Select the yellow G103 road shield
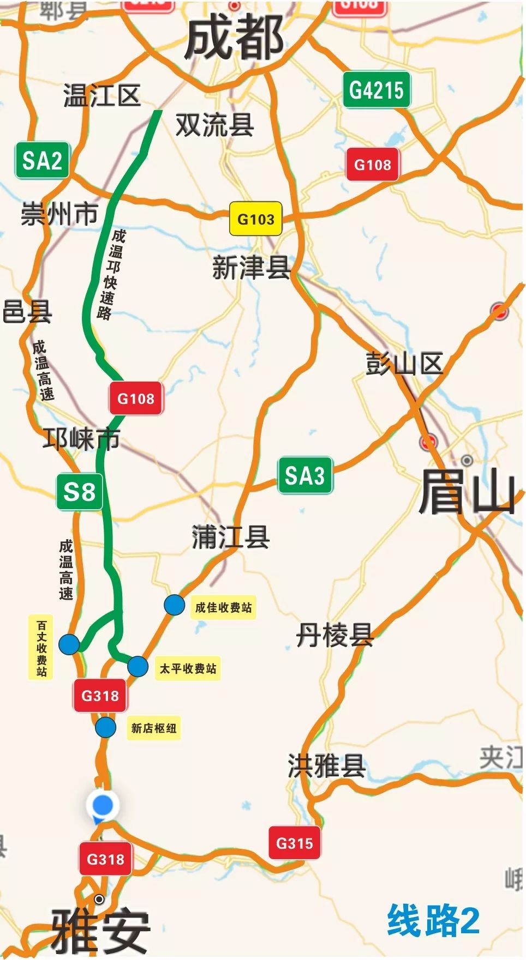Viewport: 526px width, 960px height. point(255,219)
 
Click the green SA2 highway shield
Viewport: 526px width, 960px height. point(42,161)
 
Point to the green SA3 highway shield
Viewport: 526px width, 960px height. point(305,475)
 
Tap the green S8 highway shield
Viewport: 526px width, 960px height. point(79,492)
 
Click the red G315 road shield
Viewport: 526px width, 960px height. point(294,843)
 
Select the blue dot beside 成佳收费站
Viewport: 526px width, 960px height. point(175,605)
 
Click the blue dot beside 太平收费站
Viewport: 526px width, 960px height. point(138,666)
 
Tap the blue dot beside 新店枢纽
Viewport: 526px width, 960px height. point(105,727)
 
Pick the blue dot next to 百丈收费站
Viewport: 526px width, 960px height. point(69,644)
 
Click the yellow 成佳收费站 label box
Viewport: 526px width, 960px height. point(224,607)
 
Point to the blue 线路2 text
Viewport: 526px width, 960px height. point(433,920)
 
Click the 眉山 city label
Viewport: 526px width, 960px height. point(467,493)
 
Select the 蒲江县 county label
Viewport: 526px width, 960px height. point(230,538)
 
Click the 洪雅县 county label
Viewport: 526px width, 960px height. point(326,766)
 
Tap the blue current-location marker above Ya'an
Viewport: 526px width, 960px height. point(103,805)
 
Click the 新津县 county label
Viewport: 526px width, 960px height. point(251,268)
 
